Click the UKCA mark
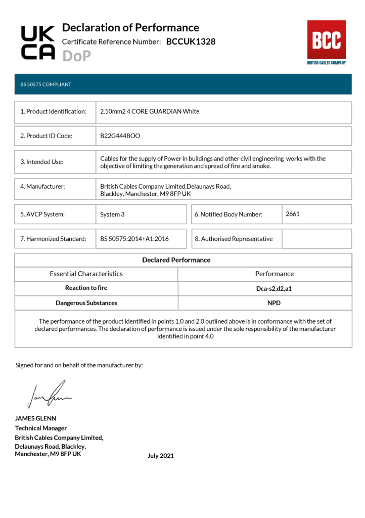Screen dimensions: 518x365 pos(37,42)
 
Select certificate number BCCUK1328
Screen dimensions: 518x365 pos(191,42)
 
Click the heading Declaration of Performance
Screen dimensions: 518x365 pos(130,28)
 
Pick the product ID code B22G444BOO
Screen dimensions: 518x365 pos(120,136)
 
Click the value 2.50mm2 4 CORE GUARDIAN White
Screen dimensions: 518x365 pos(150,111)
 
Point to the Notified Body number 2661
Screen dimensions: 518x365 pos(293,214)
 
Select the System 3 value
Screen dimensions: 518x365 pos(112,214)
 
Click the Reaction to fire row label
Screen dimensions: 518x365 pos(86,288)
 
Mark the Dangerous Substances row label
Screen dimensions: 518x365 pos(86,303)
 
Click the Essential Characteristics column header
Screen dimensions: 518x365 pos(86,274)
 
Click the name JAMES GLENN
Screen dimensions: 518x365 pos(35,418)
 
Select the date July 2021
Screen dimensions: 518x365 pos(160,456)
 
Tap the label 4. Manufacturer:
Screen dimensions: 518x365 pos(42,187)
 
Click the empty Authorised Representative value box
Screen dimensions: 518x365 pos(316,239)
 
